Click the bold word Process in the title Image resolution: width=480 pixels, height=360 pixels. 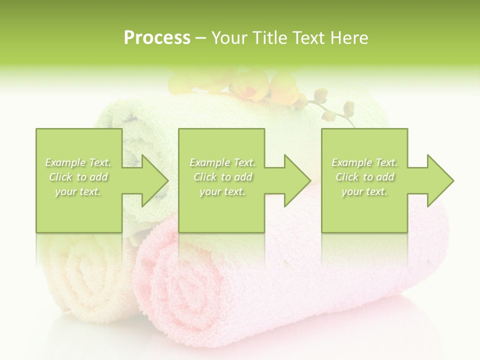click(x=157, y=38)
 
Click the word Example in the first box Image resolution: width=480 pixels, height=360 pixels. click(x=65, y=162)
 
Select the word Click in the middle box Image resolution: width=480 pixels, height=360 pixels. click(x=205, y=177)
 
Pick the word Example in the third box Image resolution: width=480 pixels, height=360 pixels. click(x=351, y=162)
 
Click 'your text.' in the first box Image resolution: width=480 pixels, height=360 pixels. click(x=78, y=191)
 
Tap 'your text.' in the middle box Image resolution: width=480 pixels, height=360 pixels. click(x=222, y=191)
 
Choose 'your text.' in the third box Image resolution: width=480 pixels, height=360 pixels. click(x=364, y=191)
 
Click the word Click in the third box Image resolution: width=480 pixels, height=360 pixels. click(x=347, y=177)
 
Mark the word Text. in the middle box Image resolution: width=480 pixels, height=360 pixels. click(x=243, y=162)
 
